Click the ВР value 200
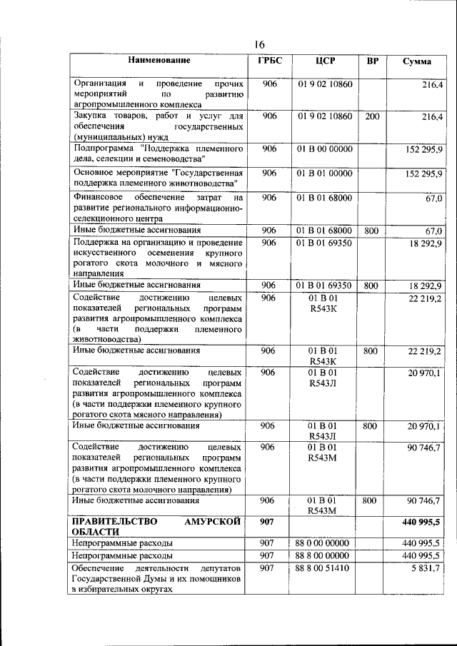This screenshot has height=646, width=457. [x=372, y=116]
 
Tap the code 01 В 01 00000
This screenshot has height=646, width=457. [x=325, y=173]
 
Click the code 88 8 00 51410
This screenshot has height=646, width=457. [x=325, y=568]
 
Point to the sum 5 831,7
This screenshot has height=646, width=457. [x=425, y=568]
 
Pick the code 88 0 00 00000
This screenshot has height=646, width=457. [x=325, y=543]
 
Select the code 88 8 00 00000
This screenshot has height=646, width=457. [x=325, y=555]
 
